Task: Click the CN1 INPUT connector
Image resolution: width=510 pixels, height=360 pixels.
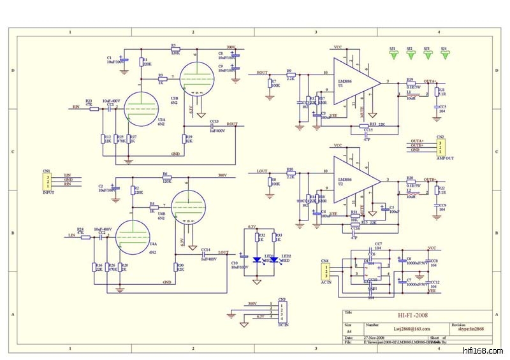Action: click(47, 180)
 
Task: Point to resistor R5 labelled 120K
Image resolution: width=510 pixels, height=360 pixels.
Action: click(177, 48)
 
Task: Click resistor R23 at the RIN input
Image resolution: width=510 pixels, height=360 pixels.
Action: click(94, 109)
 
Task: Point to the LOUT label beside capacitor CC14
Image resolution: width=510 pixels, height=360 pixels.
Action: click(223, 252)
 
